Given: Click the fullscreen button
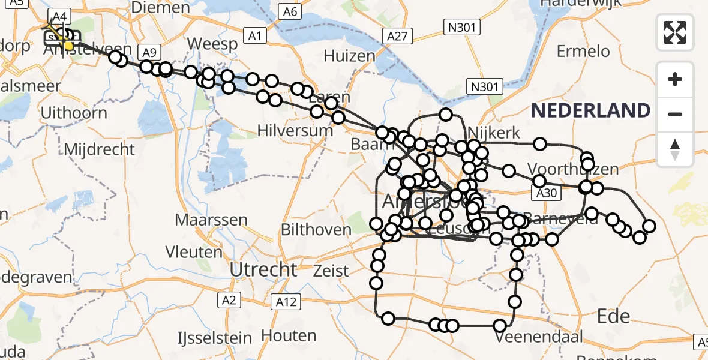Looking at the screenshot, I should click(675, 32).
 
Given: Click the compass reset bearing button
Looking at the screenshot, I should click(675, 149).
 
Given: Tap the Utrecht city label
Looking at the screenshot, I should click(263, 269).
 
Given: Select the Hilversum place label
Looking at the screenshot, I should click(295, 130).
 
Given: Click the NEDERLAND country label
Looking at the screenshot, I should click(590, 110).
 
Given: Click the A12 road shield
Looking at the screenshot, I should click(286, 302).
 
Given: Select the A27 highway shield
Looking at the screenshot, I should click(397, 37).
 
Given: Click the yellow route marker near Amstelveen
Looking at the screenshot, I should click(68, 46).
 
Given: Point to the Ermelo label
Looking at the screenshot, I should click(583, 52).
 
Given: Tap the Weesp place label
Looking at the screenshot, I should click(204, 44).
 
